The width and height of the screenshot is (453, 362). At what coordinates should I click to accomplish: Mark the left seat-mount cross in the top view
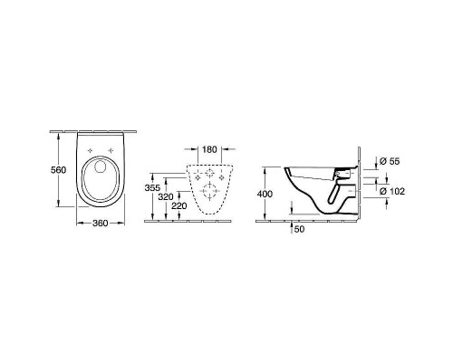tap(88, 152)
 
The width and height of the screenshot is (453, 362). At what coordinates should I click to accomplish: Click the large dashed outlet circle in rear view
tap(210, 191)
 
